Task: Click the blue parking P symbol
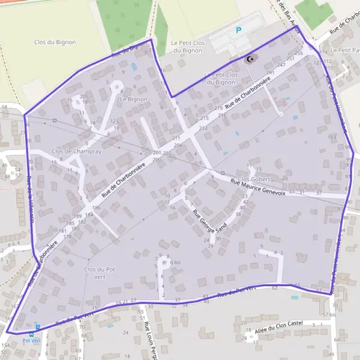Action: pos(238,29)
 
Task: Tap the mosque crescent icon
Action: pos(249,59)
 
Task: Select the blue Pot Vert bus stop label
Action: pos(31,340)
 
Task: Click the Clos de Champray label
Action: pos(77,151)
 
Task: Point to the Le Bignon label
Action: pos(134,98)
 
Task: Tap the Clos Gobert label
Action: pos(255,179)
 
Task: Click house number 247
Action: pos(282,64)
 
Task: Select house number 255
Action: pos(299,54)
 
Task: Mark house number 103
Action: pos(331,137)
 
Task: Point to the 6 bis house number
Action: pos(175,262)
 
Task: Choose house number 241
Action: pos(270,73)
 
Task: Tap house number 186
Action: pos(96,208)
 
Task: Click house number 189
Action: pos(77,216)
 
